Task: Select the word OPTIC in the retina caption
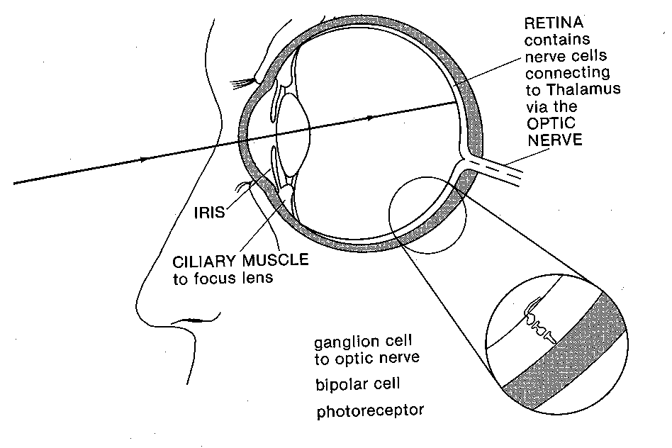coord(549,123)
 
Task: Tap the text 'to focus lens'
coord(223,278)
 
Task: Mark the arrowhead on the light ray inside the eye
coord(369,118)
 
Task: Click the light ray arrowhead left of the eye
coord(146,160)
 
